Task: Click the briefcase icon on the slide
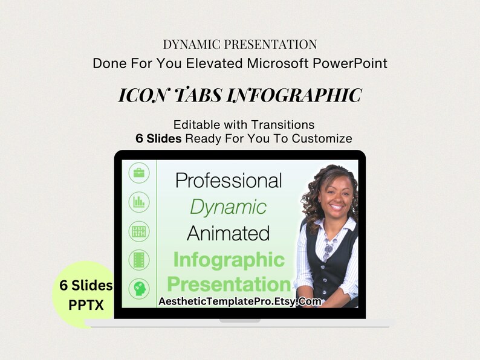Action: [139, 173]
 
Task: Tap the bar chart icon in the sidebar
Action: [139, 202]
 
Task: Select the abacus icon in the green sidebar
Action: [139, 231]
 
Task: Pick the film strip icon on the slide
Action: [139, 260]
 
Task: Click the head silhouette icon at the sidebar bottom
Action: [139, 289]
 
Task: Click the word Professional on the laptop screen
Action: [229, 180]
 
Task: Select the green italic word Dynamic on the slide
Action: [228, 207]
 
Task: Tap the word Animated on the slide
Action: [228, 233]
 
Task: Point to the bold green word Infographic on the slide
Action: [229, 260]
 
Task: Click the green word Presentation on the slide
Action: [229, 284]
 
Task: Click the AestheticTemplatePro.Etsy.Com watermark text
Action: [240, 301]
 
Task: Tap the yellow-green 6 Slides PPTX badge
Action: [86, 295]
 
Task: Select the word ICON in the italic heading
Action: [141, 95]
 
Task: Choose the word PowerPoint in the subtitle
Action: [350, 63]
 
